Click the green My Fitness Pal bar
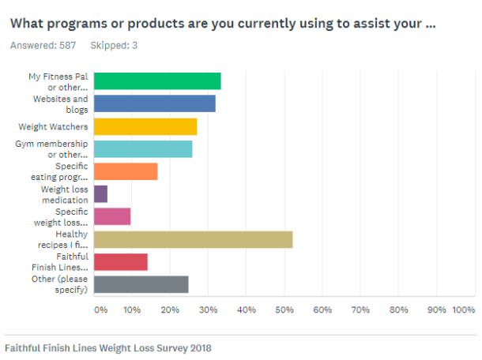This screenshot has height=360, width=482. [157, 81]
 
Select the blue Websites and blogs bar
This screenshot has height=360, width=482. [155, 103]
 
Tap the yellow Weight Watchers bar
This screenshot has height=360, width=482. [145, 126]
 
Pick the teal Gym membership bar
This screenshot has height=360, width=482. [143, 148]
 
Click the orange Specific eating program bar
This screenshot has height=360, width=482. [126, 171]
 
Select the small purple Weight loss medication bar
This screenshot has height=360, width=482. [101, 194]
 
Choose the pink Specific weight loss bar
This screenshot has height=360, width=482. [112, 216]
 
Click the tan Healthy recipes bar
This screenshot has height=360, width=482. [194, 239]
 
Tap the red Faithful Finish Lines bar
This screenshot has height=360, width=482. [121, 262]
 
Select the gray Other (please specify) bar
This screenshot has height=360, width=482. [141, 284]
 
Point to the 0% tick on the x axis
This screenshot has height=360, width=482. [100, 310]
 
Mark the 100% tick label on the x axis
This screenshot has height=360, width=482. [463, 310]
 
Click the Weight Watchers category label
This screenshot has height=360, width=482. [54, 126]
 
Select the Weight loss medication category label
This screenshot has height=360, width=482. [65, 194]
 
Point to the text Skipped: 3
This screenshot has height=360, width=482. [114, 45]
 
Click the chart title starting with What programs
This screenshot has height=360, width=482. [222, 24]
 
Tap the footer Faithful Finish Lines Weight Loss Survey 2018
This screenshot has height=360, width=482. [108, 347]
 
